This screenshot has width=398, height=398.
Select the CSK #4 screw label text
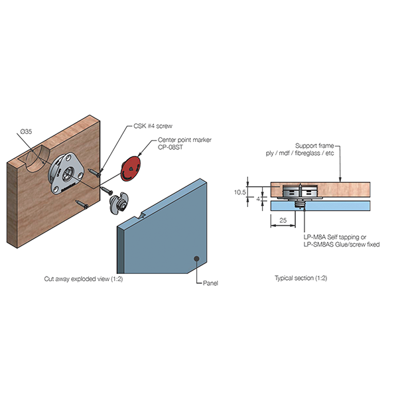coord(143,125)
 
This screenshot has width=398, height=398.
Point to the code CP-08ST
coord(169,149)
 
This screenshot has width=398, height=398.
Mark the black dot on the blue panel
coord(196,258)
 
